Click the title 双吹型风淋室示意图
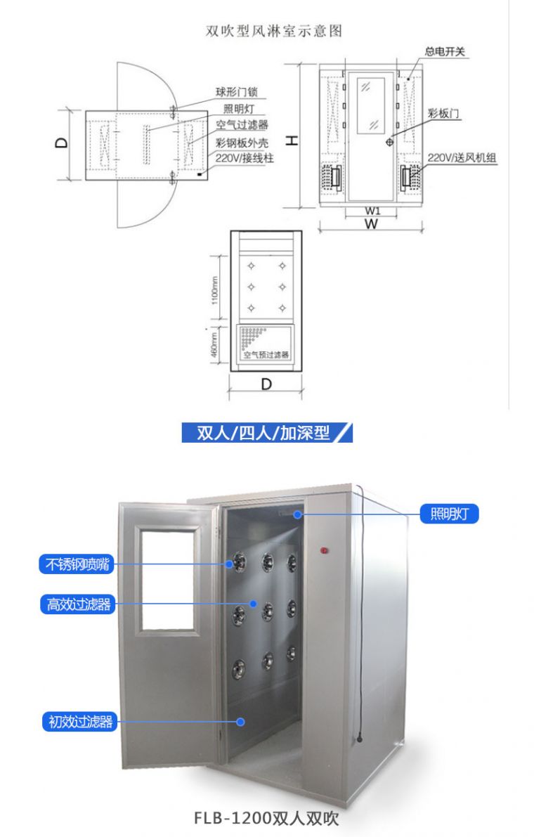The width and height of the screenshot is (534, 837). pyautogui.click(x=273, y=31)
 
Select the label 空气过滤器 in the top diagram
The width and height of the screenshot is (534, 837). pyautogui.click(x=242, y=124)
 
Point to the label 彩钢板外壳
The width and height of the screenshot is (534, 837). pyautogui.click(x=242, y=141)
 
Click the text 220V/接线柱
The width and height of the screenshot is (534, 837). pyautogui.click(x=244, y=158)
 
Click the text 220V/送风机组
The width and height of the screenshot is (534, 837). pyautogui.click(x=462, y=158)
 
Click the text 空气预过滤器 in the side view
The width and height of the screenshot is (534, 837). pyautogui.click(x=266, y=356)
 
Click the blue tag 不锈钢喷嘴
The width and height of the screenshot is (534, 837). pyautogui.click(x=77, y=564)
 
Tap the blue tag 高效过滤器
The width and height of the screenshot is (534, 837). pyautogui.click(x=78, y=604)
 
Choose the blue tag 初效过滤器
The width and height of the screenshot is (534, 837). pyautogui.click(x=80, y=721)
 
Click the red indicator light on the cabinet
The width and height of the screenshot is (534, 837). pyautogui.click(x=325, y=549)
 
